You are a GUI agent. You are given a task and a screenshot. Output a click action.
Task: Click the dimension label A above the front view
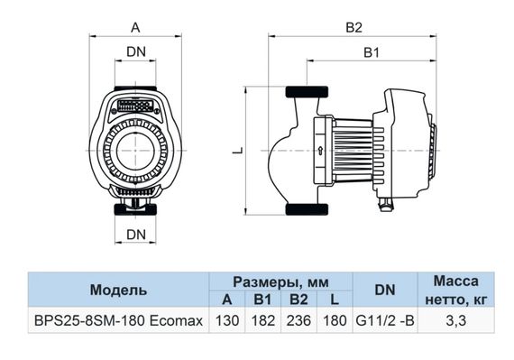click(x=135, y=27)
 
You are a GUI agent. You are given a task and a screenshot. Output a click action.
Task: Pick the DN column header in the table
click(x=384, y=291)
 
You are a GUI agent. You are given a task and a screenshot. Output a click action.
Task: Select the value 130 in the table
click(x=226, y=320)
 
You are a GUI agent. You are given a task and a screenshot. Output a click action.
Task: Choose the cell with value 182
click(x=262, y=320)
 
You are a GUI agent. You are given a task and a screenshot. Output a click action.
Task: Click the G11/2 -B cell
click(x=384, y=320)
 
